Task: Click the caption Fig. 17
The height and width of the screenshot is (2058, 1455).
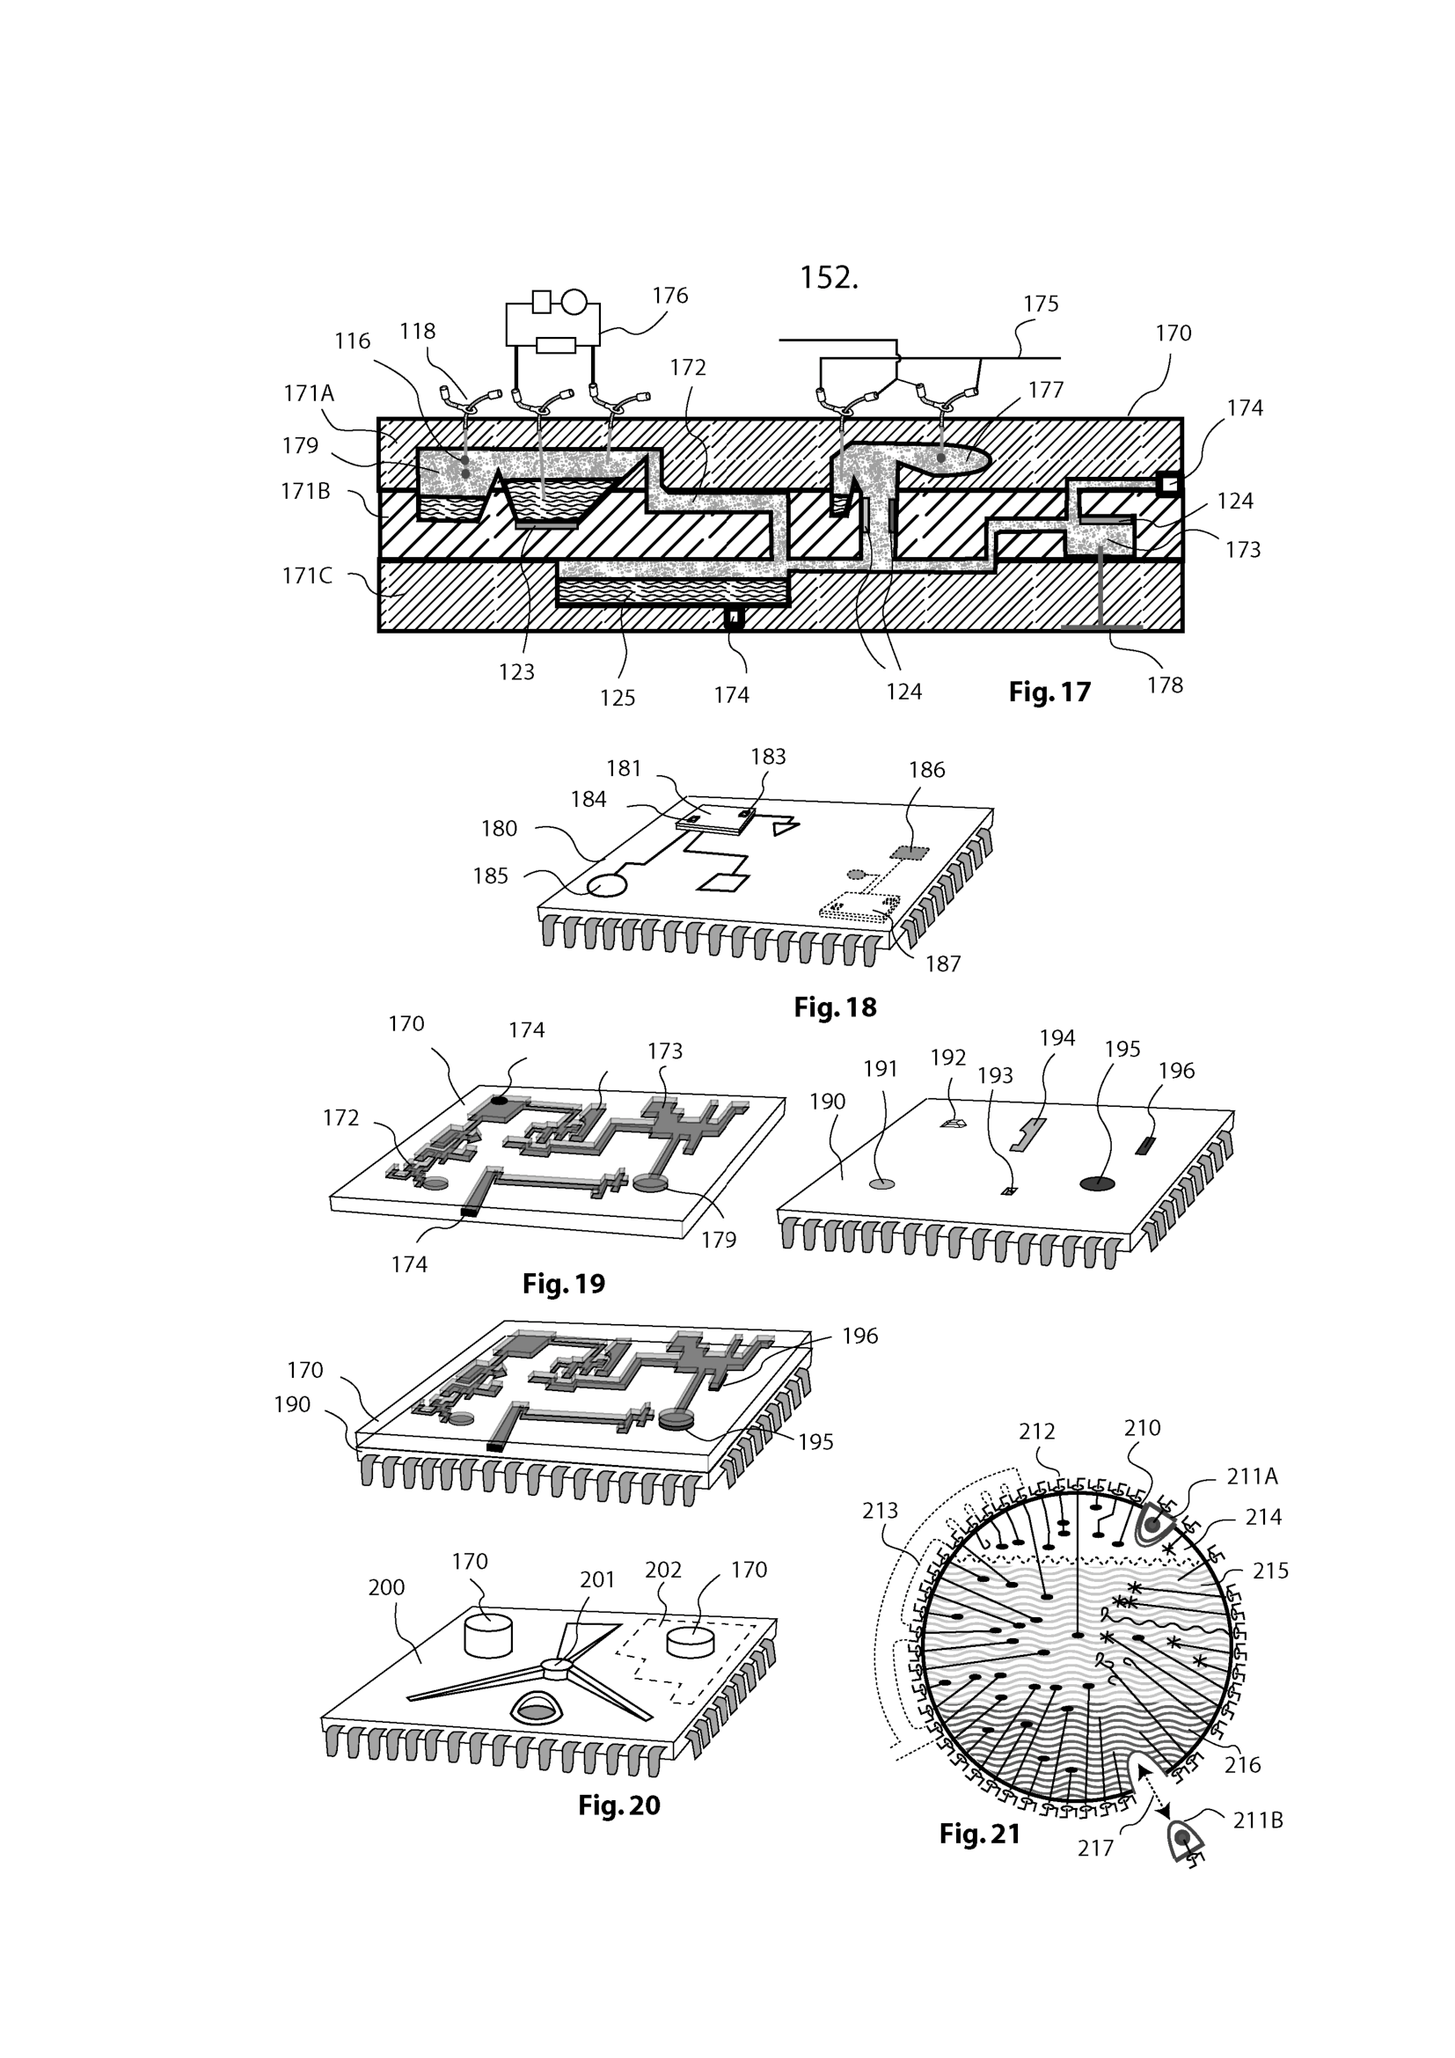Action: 1049,692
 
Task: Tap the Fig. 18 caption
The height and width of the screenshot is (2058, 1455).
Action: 835,1007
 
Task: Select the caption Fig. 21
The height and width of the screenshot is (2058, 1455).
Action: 979,1835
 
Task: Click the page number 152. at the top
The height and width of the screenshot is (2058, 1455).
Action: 829,278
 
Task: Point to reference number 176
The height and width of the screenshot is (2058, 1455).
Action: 669,296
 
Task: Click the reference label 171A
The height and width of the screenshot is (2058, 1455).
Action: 308,392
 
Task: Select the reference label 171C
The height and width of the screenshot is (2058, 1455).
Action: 307,575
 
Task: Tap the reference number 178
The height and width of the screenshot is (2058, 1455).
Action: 1165,685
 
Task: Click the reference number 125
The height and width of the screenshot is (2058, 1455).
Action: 618,699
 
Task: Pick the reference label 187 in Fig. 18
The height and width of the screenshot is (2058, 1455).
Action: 942,964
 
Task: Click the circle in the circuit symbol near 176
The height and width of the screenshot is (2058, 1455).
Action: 574,302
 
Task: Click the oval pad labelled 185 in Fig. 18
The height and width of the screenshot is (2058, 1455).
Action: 608,887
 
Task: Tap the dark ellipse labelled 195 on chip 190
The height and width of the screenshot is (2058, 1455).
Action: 1098,1184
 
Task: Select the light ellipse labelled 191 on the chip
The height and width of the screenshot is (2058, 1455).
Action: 882,1184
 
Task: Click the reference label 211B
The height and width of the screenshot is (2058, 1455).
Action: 1258,1820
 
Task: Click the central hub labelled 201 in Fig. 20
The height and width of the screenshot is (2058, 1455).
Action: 556,1666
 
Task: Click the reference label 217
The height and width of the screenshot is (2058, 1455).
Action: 1095,1849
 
